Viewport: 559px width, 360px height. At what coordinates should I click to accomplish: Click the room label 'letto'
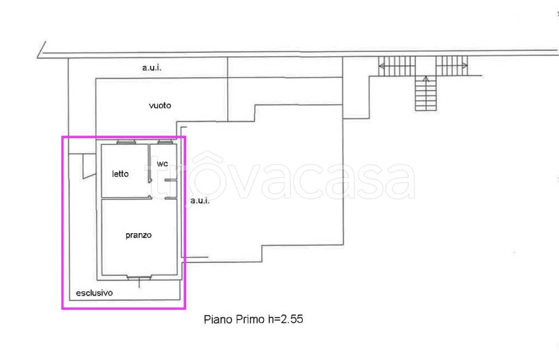120,174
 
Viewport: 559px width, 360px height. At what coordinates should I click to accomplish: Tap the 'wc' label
162,163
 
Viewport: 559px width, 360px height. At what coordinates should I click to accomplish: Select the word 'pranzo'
138,235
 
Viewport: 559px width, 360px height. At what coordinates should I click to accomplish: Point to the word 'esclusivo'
94,293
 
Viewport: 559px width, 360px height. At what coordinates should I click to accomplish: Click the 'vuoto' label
160,105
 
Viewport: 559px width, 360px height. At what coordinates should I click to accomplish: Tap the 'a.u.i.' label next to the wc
200,200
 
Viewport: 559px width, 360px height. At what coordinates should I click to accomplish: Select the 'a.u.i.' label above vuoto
152,67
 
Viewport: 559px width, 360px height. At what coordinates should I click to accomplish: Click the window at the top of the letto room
126,143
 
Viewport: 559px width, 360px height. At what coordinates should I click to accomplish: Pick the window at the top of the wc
165,143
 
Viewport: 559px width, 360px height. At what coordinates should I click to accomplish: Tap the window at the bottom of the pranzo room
139,277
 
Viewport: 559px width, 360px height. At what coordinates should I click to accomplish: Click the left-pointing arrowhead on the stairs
382,66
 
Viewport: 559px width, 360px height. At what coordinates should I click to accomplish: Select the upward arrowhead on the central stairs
426,79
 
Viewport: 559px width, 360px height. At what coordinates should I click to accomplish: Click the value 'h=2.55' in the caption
286,319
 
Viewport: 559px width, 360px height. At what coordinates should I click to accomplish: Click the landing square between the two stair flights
426,66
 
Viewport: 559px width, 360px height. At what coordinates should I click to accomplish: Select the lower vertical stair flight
426,93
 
